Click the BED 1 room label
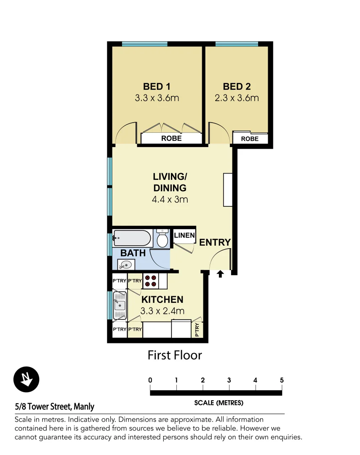pyautogui.click(x=157, y=87)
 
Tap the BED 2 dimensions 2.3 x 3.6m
pyautogui.click(x=237, y=98)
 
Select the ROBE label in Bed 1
pyautogui.click(x=171, y=138)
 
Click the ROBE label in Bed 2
pyautogui.click(x=250, y=139)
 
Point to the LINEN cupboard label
pyautogui.click(x=184, y=236)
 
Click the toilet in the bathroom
pyautogui.click(x=162, y=238)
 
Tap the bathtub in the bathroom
pyautogui.click(x=132, y=239)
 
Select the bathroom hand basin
pyautogui.click(x=125, y=265)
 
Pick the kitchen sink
pyautogui.click(x=120, y=305)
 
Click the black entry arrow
pyautogui.click(x=220, y=275)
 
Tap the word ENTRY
pyautogui.click(x=215, y=243)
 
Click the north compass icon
pyautogui.click(x=26, y=379)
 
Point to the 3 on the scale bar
pyautogui.click(x=229, y=380)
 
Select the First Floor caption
pyautogui.click(x=175, y=355)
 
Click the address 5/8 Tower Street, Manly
pyautogui.click(x=55, y=407)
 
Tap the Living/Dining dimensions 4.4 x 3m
pyautogui.click(x=170, y=199)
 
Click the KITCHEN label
pyautogui.click(x=162, y=300)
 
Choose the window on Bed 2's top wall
pyautogui.click(x=237, y=44)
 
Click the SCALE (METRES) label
pyautogui.click(x=219, y=403)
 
